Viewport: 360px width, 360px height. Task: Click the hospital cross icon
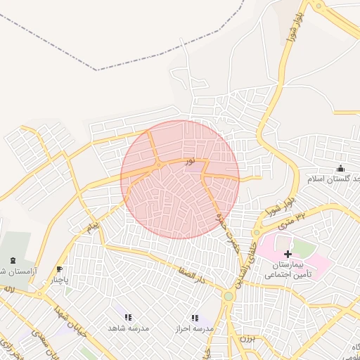coord(288,253)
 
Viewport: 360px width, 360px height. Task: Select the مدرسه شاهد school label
coord(128,328)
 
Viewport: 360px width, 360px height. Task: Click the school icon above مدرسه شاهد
coord(128,318)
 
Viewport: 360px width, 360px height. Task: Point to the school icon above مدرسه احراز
coord(195,318)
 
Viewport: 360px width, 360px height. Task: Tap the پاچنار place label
coord(59,280)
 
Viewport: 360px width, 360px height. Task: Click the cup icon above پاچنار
coord(59,269)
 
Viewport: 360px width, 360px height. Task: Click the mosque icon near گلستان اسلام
coord(341,168)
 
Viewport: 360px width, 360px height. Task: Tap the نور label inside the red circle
coord(190,161)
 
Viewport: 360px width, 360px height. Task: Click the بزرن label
coord(245,339)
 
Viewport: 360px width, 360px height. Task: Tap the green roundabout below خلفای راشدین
coord(228,297)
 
